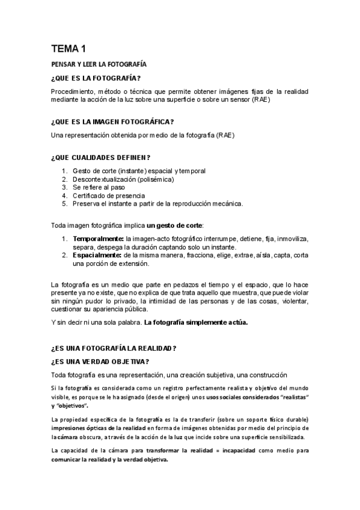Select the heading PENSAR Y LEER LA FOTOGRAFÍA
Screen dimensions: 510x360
(99, 64)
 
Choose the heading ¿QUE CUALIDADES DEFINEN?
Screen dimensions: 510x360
(101, 158)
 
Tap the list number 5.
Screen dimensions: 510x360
(64, 203)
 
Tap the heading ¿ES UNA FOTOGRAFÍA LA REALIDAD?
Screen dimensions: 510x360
(114, 348)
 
